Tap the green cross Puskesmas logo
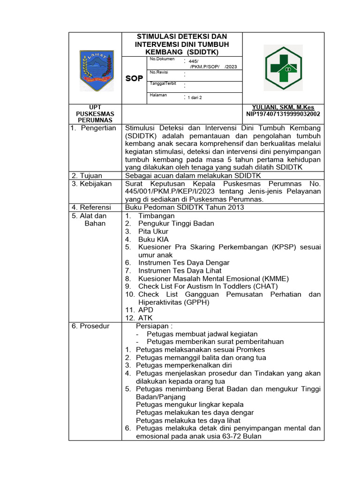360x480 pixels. click(x=284, y=68)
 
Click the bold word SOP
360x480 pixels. click(x=134, y=78)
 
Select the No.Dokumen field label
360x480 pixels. click(x=162, y=59)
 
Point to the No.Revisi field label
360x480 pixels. click(x=159, y=72)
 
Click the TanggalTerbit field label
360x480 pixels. click(x=162, y=83)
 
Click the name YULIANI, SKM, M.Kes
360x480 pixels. click(x=283, y=107)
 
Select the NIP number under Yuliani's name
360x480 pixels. click(x=283, y=114)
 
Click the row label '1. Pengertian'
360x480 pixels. click(x=94, y=128)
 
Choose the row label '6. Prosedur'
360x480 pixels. click(x=90, y=326)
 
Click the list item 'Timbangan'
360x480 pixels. click(x=157, y=216)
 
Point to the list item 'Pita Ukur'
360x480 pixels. click(x=153, y=232)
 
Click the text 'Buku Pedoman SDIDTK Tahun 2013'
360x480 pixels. click(x=184, y=208)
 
